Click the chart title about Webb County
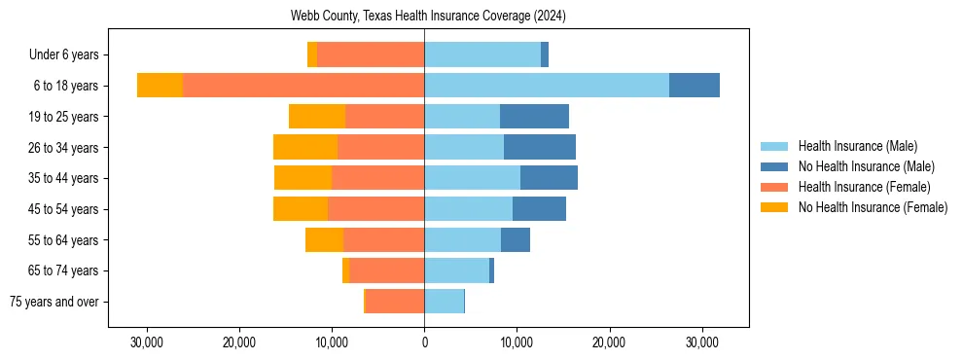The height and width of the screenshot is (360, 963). point(428,17)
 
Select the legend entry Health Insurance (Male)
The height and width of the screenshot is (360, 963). point(857,146)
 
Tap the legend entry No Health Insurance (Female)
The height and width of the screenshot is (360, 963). point(871,207)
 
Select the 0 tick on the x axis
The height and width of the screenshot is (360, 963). point(424,342)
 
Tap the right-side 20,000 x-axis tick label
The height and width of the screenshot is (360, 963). point(609,342)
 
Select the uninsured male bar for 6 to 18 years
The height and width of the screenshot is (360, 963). point(695,86)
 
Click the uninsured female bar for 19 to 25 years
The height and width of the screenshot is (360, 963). point(317,117)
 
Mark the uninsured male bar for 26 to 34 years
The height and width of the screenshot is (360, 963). point(540,147)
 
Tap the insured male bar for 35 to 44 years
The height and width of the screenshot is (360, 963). point(472,178)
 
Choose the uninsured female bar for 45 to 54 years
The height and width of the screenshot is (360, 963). point(301,209)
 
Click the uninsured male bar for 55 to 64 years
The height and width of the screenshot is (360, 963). point(516,239)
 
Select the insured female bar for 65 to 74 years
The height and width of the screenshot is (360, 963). point(387,270)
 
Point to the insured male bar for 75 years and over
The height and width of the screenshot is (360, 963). point(445,302)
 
